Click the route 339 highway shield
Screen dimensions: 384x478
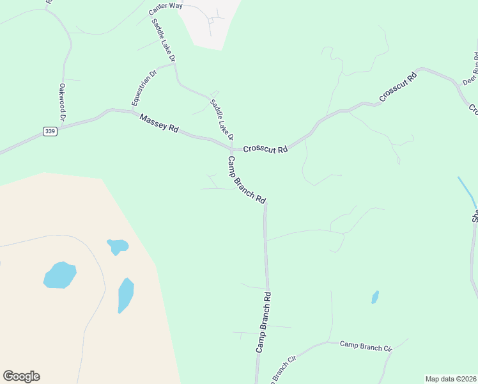pyautogui.click(x=50, y=131)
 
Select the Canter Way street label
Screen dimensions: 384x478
pyautogui.click(x=166, y=10)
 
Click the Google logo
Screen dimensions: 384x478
pyautogui.click(x=21, y=376)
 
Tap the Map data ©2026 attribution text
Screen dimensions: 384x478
pyautogui.click(x=450, y=379)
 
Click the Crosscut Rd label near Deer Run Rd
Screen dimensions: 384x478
pyautogui.click(x=397, y=86)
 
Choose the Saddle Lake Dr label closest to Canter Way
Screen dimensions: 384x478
pyautogui.click(x=164, y=40)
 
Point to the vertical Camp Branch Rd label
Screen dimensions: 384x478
pyautogui.click(x=264, y=323)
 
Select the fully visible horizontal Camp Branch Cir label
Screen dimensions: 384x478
pyautogui.click(x=366, y=346)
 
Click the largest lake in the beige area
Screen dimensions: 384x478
pyautogui.click(x=60, y=275)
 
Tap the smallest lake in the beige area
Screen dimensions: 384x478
pyautogui.click(x=118, y=246)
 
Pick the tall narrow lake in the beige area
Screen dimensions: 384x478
pyautogui.click(x=126, y=295)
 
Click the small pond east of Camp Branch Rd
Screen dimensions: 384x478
pyautogui.click(x=375, y=297)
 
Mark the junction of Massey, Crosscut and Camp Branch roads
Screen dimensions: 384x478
pyautogui.click(x=231, y=148)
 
